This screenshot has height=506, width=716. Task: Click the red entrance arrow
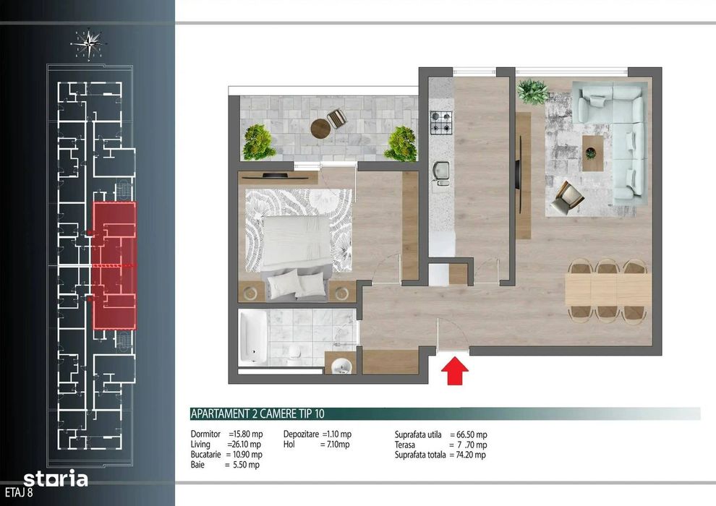(x=455, y=371)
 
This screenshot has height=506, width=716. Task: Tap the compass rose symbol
(x=89, y=44)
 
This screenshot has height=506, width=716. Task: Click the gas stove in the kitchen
(x=441, y=123)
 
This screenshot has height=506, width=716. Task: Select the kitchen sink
(x=441, y=173)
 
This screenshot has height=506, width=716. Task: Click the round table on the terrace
(x=320, y=128)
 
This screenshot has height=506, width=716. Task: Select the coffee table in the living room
(x=592, y=153)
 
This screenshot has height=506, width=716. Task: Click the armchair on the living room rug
(x=567, y=198)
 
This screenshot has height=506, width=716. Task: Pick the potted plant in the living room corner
(x=532, y=91)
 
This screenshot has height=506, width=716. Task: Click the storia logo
(x=56, y=479)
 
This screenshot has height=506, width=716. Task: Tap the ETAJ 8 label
(x=19, y=493)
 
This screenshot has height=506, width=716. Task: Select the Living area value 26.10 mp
(x=246, y=445)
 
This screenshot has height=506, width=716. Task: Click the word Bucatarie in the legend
(x=205, y=455)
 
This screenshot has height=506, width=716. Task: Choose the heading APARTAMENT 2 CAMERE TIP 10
(x=257, y=413)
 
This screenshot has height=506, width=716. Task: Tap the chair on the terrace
(x=337, y=119)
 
